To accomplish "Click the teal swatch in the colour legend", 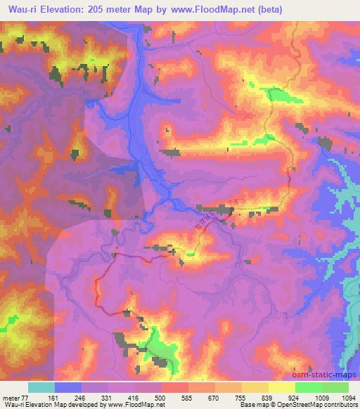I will click(x=41, y=387).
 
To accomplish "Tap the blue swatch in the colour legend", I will click(x=68, y=387).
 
